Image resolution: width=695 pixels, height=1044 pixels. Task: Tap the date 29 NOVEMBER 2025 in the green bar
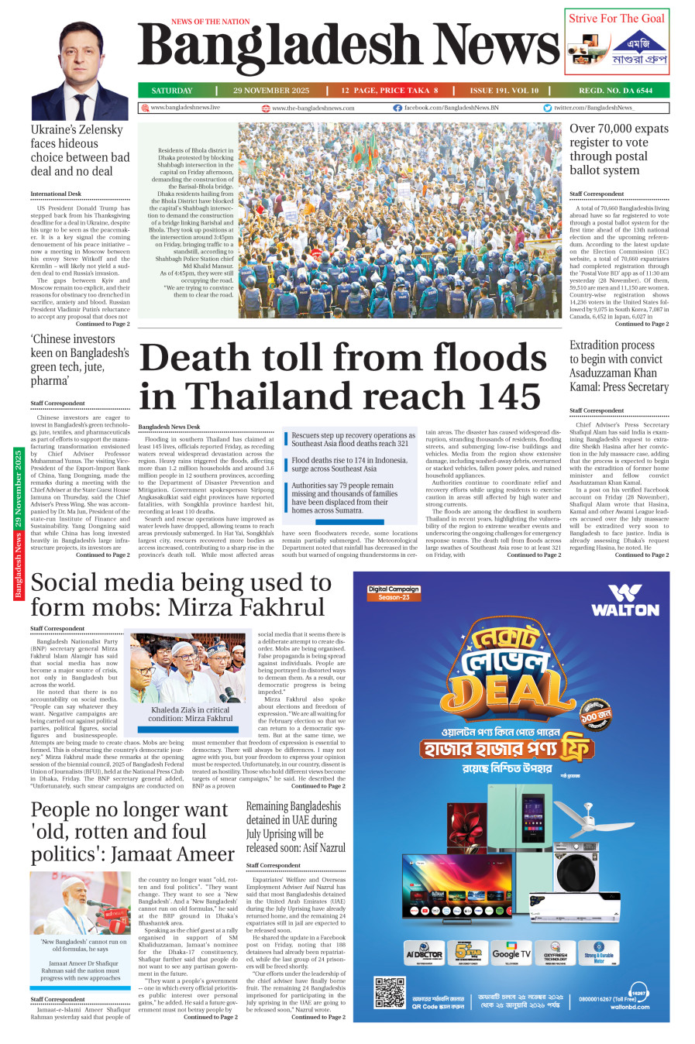pyautogui.click(x=270, y=91)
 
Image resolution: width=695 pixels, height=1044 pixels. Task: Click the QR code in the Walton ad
pyautogui.click(x=390, y=993)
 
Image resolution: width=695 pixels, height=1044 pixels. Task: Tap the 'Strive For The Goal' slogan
pyautogui.click(x=617, y=19)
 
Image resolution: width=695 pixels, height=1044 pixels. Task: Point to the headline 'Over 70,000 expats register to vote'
pyautogui.click(x=618, y=149)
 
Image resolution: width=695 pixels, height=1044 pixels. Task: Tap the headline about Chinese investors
pyautogui.click(x=79, y=359)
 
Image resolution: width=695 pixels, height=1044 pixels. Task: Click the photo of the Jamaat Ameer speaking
pyautogui.click(x=79, y=903)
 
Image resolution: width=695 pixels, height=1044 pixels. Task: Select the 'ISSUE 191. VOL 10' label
pyautogui.click(x=504, y=91)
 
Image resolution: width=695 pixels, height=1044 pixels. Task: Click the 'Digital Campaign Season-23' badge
pyautogui.click(x=394, y=593)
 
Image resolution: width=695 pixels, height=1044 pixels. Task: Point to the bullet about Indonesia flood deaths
pyautogui.click(x=349, y=464)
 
